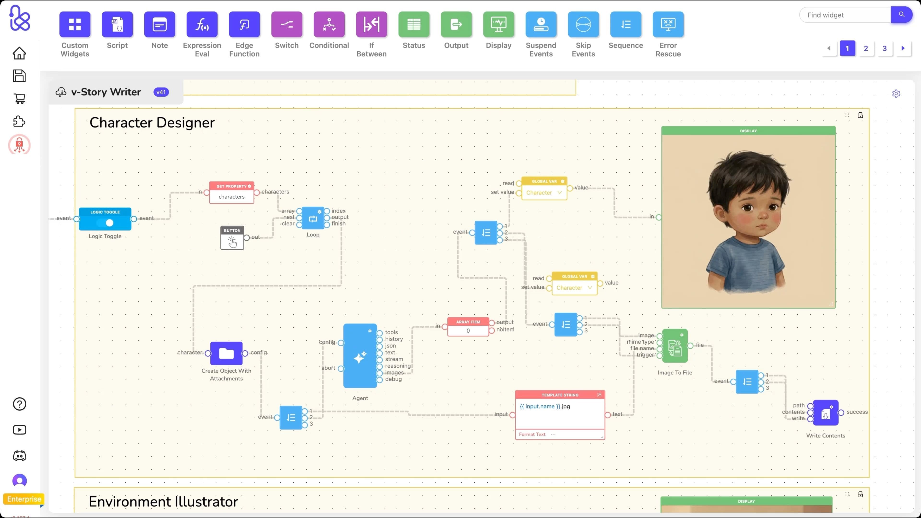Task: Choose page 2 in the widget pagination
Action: point(866,48)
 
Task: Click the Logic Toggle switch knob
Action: point(109,223)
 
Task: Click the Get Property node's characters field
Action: point(232,197)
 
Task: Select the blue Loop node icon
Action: point(313,219)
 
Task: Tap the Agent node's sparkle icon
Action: point(360,357)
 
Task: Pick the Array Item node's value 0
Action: point(468,331)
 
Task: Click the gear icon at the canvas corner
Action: point(896,94)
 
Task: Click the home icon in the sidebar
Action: point(19,53)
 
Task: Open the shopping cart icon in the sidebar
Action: point(19,99)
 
